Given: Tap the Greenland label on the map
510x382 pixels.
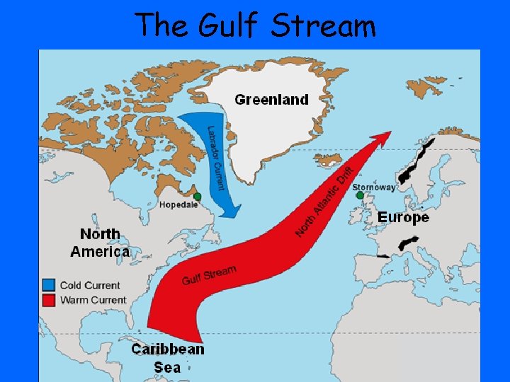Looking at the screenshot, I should pos(271,100).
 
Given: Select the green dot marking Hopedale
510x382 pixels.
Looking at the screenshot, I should pos(198,196).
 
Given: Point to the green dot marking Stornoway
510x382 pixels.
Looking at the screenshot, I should pos(360,195).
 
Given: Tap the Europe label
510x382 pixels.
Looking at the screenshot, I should pos(403,217).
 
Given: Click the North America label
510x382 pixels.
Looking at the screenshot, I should pos(100,243).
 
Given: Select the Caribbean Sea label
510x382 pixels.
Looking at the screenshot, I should pos(168,357).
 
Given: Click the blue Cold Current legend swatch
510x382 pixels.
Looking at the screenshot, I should pos(49,285).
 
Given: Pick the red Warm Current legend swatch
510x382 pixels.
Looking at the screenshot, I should pos(49,300).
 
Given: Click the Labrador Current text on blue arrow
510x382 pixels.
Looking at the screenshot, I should pos(215,157).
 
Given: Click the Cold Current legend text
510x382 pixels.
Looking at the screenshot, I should pos(90,285).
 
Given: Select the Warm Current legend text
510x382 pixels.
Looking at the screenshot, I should pos(93,300).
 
